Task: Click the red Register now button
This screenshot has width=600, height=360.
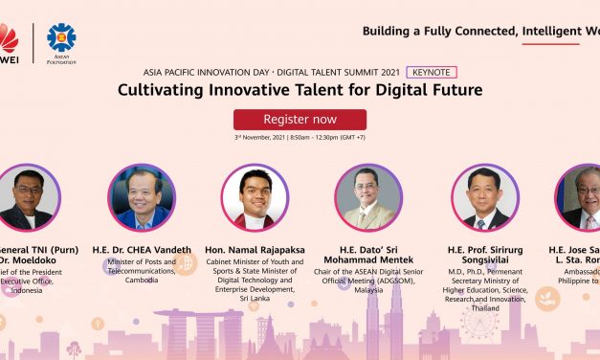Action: pos(300,120)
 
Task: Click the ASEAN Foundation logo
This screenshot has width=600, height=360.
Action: pos(61,39)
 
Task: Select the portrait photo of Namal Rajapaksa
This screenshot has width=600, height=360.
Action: pos(254,197)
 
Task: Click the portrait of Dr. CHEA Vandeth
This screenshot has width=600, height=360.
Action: pos(141,197)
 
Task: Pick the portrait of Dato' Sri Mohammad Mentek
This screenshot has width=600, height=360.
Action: pos(368,197)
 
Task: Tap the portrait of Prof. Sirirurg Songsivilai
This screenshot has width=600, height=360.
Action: pos(484,197)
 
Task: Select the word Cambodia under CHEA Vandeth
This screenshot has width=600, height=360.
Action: pos(141,281)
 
